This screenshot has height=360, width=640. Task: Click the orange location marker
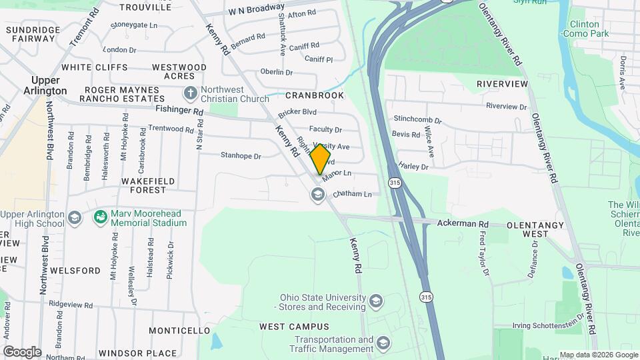click(321, 159)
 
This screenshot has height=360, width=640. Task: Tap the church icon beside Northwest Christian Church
click(190, 93)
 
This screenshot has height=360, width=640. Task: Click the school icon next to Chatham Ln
click(317, 194)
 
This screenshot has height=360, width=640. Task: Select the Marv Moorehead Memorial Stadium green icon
click(100, 217)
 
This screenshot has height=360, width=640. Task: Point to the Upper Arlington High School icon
click(75, 218)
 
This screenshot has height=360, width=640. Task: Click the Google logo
click(22, 351)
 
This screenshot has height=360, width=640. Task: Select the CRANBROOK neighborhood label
click(315, 96)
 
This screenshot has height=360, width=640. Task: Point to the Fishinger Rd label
click(179, 111)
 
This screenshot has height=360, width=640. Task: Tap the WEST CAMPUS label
click(294, 327)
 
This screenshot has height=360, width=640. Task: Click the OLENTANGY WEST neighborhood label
click(536, 229)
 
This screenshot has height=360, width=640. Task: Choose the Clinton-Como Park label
click(585, 28)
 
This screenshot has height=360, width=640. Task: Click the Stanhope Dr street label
click(241, 156)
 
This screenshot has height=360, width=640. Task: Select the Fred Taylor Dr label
click(484, 254)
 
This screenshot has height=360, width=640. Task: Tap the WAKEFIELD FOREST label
click(139, 185)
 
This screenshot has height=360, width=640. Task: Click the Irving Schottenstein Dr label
click(548, 325)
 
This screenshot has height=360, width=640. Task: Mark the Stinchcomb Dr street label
click(417, 120)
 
